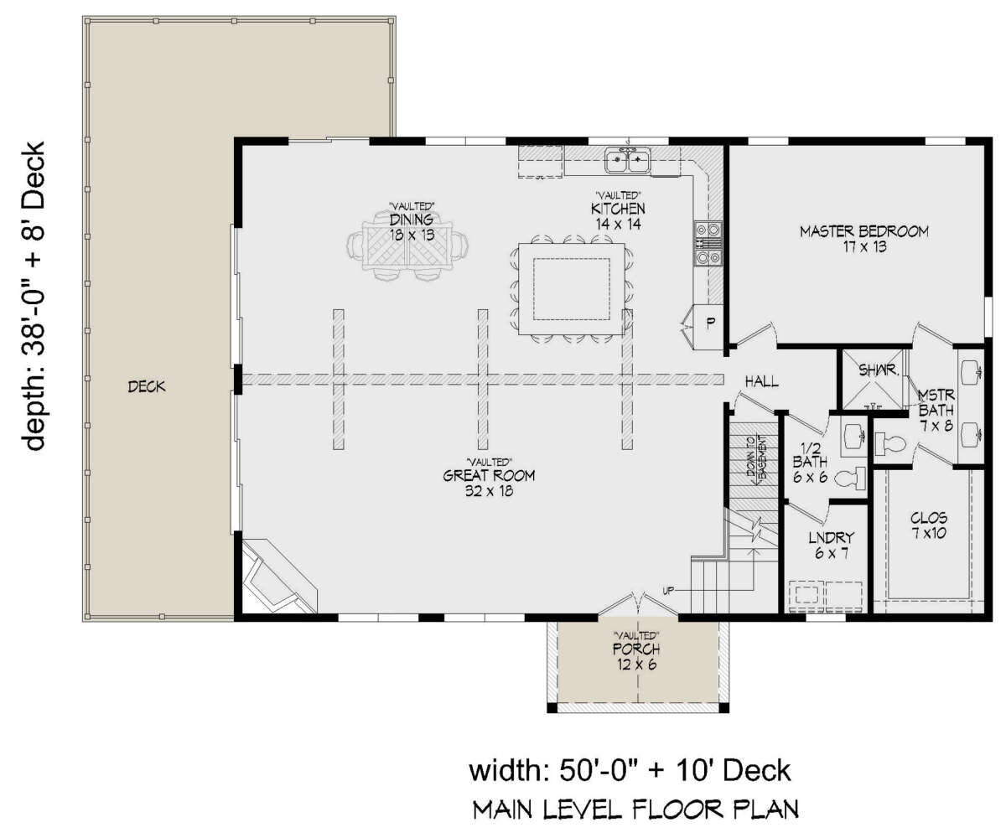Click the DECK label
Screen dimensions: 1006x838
147,386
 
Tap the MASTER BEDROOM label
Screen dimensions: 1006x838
864,231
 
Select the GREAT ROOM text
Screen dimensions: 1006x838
489,476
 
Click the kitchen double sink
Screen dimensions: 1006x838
628,159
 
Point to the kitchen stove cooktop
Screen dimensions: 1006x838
708,243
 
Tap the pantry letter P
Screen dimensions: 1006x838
710,323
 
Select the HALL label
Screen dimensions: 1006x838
762,382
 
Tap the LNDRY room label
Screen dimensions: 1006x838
831,537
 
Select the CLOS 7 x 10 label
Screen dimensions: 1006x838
929,525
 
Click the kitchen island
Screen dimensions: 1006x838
572,289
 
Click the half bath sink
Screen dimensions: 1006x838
854,436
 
